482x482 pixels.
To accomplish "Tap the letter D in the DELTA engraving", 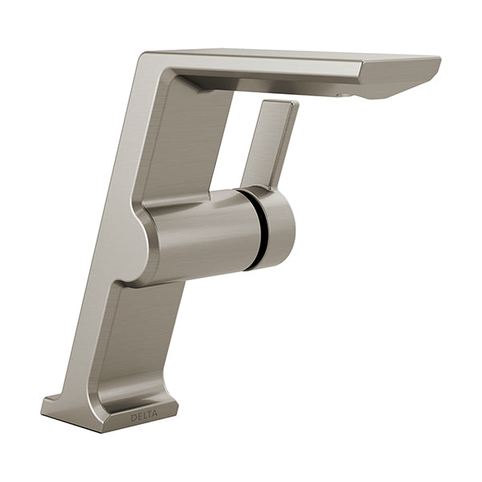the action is click(133, 418).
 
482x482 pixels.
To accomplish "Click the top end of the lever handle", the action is click(280, 103).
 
